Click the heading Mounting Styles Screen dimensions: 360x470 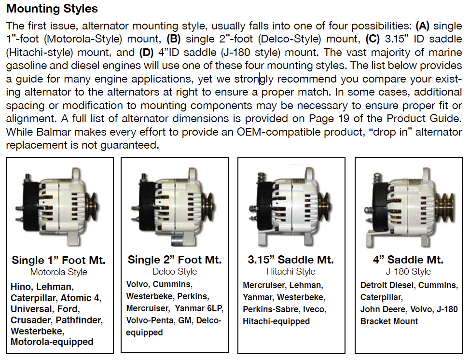click(x=52, y=9)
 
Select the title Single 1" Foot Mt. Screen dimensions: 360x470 click(x=59, y=261)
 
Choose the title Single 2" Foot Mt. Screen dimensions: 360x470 click(x=175, y=260)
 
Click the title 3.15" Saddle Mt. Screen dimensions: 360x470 click(x=291, y=260)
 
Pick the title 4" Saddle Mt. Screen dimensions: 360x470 click(x=409, y=260)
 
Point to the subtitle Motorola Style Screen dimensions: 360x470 click(x=59, y=272)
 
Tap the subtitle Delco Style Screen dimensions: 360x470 click(x=175, y=272)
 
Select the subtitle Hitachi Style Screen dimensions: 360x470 click(x=291, y=272)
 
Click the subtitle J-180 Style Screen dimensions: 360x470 click(x=409, y=272)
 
